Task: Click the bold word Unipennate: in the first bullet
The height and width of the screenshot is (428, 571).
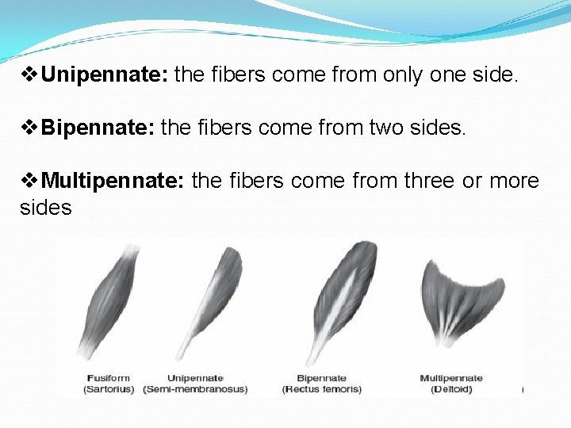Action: click(105, 75)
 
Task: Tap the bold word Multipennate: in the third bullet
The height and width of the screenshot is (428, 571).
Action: click(113, 181)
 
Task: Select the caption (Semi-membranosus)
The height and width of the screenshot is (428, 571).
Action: click(195, 389)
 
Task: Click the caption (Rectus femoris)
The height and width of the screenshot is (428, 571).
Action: click(321, 389)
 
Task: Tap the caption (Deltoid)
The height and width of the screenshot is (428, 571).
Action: click(451, 389)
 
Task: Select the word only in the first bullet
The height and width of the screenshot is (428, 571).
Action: click(402, 75)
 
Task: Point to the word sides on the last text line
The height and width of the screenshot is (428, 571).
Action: click(45, 208)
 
